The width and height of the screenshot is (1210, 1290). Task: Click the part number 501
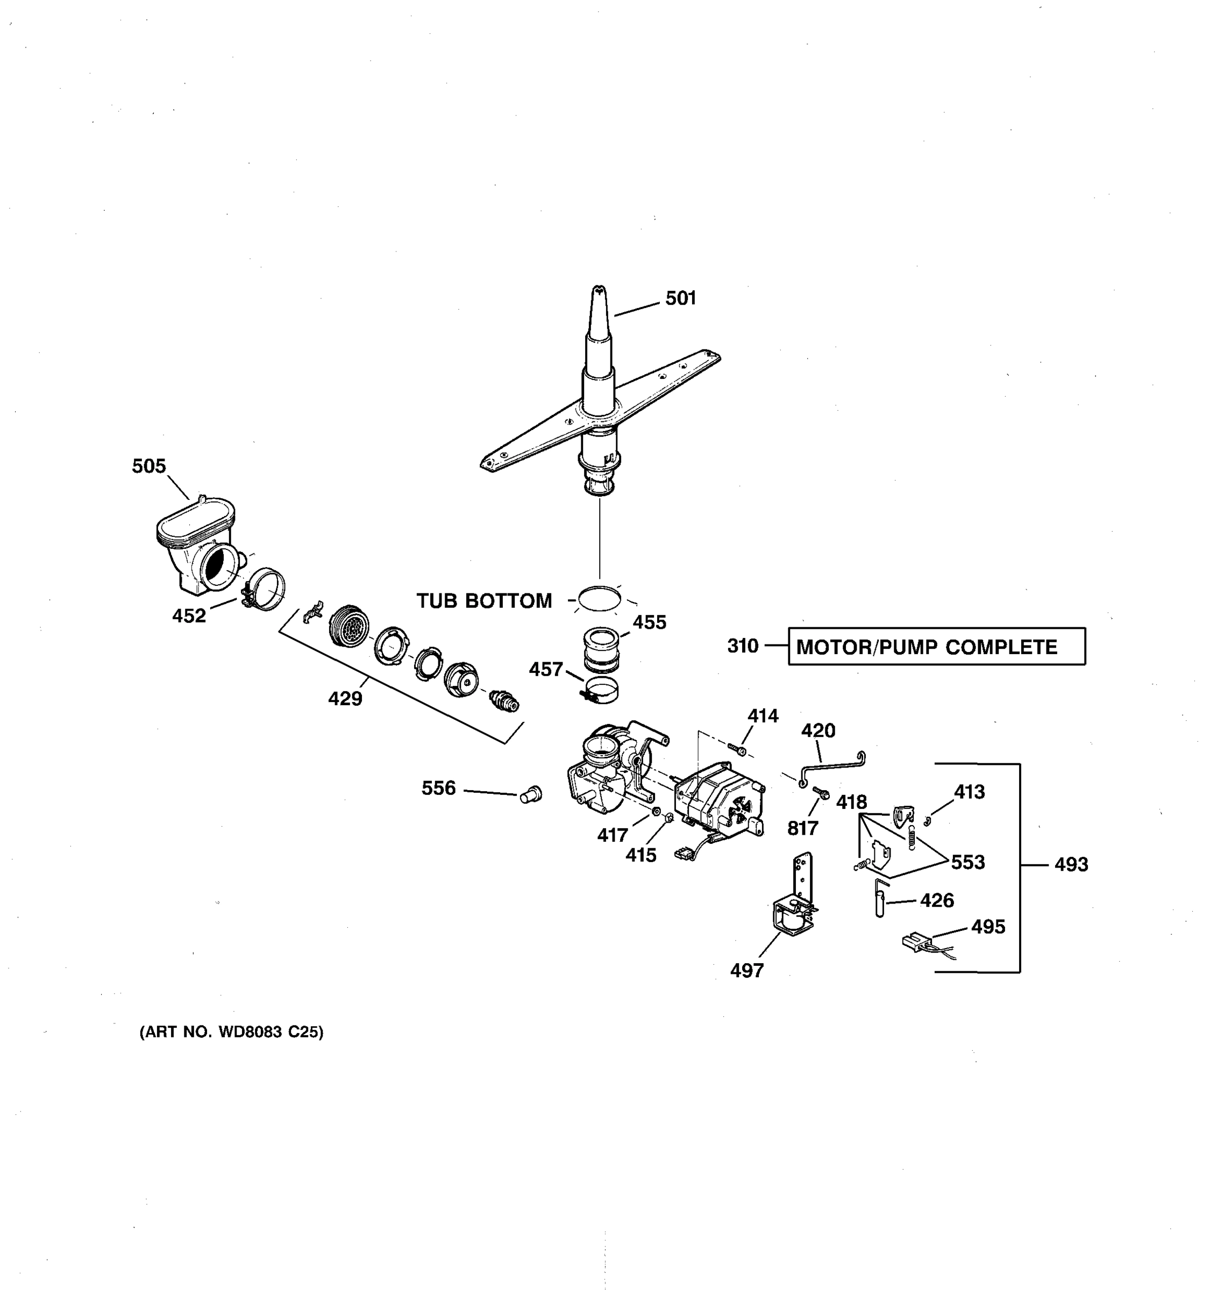(680, 298)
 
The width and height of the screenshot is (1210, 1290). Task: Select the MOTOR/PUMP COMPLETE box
(936, 646)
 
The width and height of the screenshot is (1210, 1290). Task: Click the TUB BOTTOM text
(484, 601)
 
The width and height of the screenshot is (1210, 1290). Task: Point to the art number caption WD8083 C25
(231, 1033)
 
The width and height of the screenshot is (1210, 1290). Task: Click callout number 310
(742, 646)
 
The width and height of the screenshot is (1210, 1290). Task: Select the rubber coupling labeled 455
(601, 649)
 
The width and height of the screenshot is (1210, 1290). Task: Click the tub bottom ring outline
(599, 598)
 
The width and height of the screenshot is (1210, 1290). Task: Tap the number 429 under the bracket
(345, 699)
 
